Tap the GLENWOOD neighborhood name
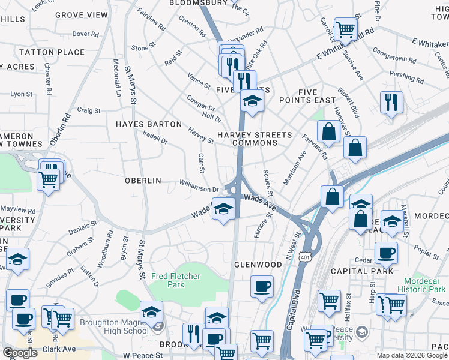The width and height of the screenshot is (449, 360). (258, 265)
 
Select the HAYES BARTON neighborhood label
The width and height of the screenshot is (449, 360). (149, 124)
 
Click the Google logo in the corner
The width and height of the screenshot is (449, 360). (20, 353)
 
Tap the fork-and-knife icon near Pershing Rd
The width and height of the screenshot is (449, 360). (391, 102)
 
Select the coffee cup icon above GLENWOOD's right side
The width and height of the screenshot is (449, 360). (261, 286)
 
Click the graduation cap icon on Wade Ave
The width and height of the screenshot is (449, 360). (223, 209)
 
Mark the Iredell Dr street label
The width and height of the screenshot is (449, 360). (155, 137)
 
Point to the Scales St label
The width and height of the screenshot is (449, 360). (268, 183)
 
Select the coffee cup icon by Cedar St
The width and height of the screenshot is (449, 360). (385, 253)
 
